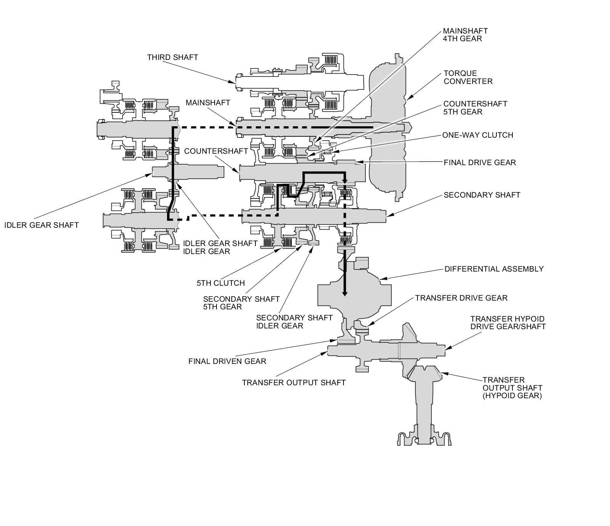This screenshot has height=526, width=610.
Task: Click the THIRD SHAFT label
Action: click(173, 57)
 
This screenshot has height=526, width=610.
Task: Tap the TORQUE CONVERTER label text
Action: click(468, 77)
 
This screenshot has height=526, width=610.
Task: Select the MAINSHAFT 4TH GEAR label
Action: click(465, 35)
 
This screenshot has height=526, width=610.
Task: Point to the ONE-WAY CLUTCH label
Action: click(478, 135)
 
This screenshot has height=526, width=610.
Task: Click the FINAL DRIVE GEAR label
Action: click(480, 162)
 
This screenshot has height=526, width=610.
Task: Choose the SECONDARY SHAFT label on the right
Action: click(482, 195)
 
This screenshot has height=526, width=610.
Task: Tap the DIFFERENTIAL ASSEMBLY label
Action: click(494, 269)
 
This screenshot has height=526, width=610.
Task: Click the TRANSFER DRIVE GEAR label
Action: click(461, 298)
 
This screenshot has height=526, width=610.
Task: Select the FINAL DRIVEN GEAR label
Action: click(227, 361)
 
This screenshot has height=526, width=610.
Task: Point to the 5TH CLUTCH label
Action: click(221, 283)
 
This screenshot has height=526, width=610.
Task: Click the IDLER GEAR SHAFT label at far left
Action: click(42, 225)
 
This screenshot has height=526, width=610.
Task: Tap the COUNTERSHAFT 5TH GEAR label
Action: click(475, 108)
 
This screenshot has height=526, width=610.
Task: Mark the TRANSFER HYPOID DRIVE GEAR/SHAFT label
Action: click(508, 323)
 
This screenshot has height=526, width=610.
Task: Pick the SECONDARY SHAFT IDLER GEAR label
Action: click(294, 322)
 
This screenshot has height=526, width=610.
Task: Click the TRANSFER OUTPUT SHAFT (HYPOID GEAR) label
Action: click(512, 388)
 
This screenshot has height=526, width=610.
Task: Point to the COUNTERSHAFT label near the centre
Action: click(216, 151)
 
